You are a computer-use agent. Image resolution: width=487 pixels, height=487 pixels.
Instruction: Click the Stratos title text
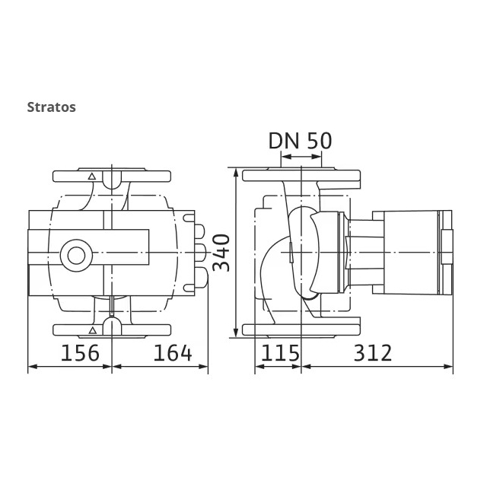[x=51, y=107]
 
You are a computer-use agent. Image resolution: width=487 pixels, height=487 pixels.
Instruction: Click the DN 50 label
[x=300, y=141]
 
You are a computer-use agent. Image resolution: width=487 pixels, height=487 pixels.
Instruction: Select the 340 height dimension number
[x=221, y=253]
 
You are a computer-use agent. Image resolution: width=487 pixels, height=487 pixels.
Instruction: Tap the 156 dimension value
[x=80, y=353]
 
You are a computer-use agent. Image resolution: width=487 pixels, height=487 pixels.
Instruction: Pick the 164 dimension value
[x=173, y=353]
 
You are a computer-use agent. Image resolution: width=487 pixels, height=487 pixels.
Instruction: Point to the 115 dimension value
[x=280, y=353]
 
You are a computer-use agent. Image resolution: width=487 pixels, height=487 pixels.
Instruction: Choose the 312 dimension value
[x=373, y=353]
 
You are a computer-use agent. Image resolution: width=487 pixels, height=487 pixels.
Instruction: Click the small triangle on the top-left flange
[x=91, y=177]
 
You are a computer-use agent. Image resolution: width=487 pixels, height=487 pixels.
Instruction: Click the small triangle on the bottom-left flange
[x=92, y=330]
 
